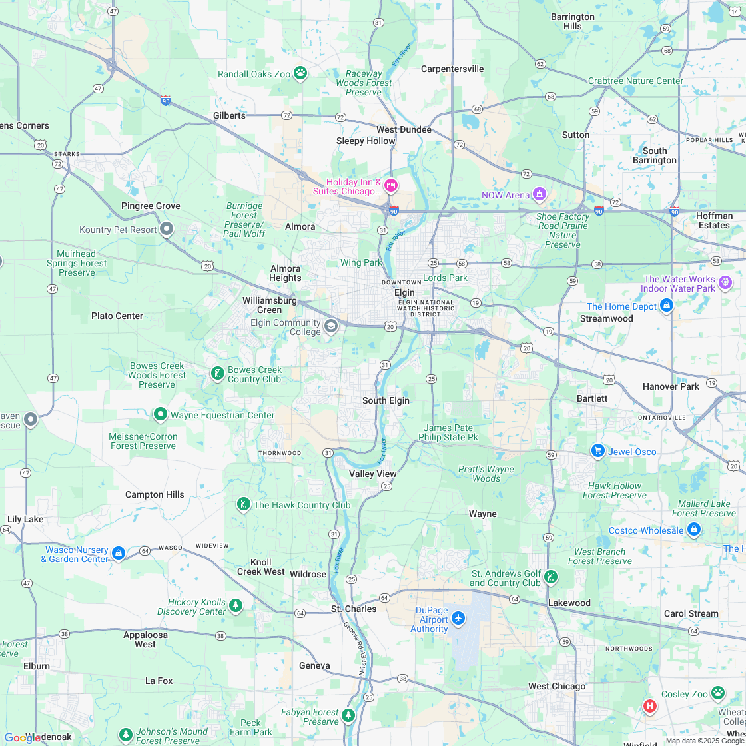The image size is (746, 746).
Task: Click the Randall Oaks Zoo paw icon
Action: point(300,73)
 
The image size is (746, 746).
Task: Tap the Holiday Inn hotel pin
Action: point(391,185)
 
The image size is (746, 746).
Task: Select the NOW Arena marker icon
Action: point(540,194)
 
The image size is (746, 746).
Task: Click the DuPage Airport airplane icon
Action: point(458,619)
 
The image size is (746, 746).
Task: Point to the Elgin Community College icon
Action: point(331,326)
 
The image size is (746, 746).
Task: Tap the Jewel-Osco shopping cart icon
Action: point(597,451)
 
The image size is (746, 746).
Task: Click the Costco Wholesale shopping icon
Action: point(693,530)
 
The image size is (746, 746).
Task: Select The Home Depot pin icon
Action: point(666,306)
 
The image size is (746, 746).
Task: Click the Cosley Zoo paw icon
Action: point(717,693)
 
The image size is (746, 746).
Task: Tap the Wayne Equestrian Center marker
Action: point(160,414)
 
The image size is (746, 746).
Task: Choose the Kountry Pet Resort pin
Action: point(167,229)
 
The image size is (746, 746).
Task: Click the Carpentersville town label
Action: point(452,69)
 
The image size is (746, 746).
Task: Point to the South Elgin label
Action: point(386,400)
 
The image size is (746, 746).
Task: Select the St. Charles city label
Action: point(354,609)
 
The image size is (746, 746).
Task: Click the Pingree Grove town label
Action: point(151,206)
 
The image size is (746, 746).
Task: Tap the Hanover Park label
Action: point(671,386)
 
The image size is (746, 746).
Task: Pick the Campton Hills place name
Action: point(155,494)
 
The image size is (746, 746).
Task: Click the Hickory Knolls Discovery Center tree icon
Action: point(235,605)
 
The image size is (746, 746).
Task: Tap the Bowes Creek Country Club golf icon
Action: point(216,373)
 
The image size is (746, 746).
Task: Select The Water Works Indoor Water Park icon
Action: point(725,283)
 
